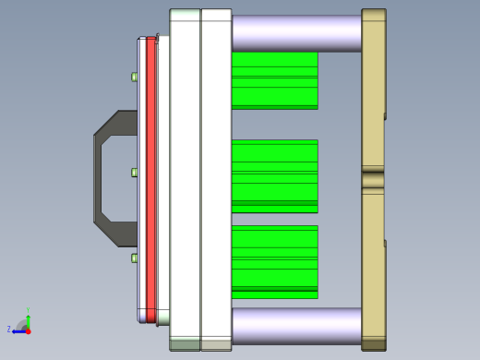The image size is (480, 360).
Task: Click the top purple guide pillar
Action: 295,32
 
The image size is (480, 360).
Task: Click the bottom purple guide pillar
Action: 295,325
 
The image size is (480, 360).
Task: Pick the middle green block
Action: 274,175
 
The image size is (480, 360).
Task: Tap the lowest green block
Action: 274,261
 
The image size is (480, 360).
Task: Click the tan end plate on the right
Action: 373,111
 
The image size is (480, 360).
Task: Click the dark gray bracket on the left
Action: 98,175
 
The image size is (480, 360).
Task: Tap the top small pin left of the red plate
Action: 135,77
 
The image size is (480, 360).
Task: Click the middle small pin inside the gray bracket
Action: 135,173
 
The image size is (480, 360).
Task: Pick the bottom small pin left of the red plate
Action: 135,258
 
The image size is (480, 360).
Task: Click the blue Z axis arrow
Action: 18,330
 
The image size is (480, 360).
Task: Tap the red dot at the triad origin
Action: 29,330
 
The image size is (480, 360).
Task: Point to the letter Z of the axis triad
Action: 9,329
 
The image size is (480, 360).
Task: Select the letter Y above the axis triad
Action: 29,310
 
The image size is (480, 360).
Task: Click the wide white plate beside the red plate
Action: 185,180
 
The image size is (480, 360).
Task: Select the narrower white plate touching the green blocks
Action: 215,180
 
